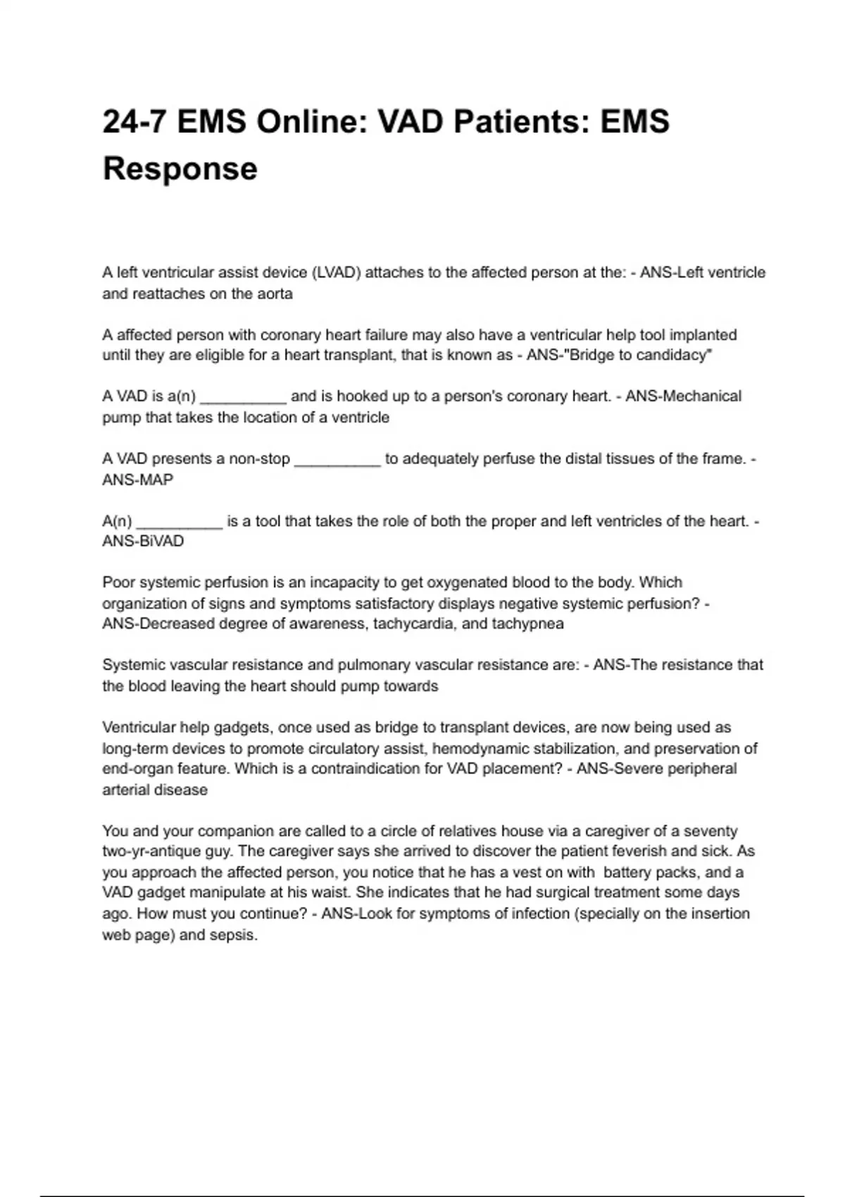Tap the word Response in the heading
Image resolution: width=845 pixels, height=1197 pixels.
pos(180,169)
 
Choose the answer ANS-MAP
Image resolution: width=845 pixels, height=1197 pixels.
pos(137,480)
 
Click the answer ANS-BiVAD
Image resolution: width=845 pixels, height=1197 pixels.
pos(143,541)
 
